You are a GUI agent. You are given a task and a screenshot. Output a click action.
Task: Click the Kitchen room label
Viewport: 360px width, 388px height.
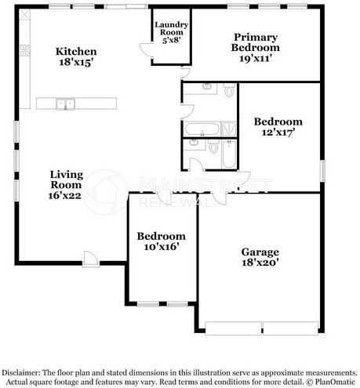76,52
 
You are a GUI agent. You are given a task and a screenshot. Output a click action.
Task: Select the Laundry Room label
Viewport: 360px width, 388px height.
171,30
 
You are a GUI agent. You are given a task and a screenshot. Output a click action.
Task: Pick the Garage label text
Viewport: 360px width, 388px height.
260,252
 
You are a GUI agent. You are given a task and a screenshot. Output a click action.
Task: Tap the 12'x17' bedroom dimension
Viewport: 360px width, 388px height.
278,134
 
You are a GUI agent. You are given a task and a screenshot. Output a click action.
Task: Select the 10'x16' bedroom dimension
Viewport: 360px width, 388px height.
161,248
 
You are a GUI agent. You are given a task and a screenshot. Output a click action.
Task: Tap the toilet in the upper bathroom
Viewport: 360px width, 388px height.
228,91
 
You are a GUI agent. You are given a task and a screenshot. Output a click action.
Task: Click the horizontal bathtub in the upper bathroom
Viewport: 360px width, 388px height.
202,129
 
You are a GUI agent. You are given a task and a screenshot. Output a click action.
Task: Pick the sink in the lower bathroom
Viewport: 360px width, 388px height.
194,146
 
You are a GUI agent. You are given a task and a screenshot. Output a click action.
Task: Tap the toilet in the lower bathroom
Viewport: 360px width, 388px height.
213,147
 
